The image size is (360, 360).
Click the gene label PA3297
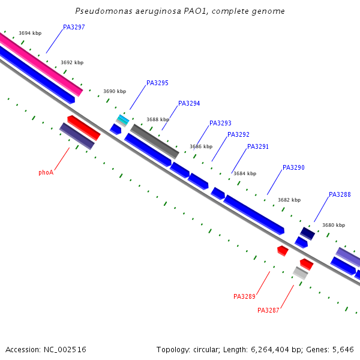click(74, 27)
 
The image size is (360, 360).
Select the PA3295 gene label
click(157, 83)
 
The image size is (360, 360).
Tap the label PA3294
click(189, 103)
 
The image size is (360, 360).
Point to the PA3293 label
click(220, 123)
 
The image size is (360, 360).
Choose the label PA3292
click(238, 134)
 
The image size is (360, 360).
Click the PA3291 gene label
click(258, 146)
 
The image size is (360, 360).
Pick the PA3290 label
click(293, 167)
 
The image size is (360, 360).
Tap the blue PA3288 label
click(340, 194)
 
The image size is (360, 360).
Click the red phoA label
click(46, 172)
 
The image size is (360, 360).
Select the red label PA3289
click(244, 296)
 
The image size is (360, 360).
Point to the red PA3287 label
click(268, 310)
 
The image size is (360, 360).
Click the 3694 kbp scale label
click(30, 33)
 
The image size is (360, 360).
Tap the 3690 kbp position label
click(115, 91)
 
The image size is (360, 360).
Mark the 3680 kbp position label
click(334, 225)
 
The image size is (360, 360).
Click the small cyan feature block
click(123, 119)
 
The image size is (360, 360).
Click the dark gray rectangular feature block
click(155, 142)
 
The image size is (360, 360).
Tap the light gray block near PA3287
click(301, 273)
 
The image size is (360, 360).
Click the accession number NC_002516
click(65, 350)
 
